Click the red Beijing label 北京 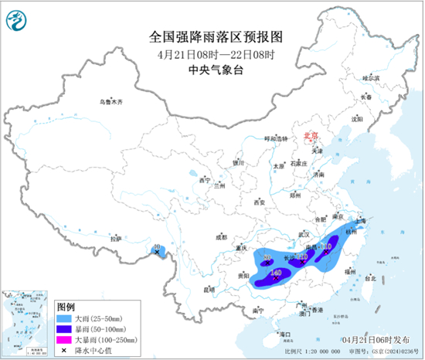312,134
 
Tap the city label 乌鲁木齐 110,102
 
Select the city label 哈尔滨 372,78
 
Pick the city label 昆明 209,289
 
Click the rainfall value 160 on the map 276,272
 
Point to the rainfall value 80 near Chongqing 267,256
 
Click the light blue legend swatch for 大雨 65,318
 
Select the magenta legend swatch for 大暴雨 65,339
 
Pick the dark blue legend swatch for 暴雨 65,328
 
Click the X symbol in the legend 65,350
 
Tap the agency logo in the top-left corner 18,19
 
